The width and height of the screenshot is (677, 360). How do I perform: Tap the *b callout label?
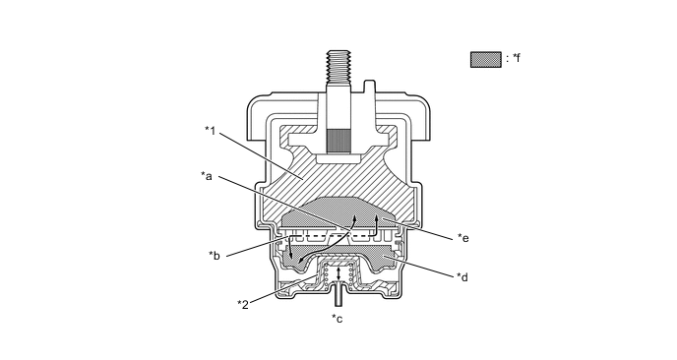click(x=214, y=256)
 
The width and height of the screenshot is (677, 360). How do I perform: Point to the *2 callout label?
click(x=243, y=302)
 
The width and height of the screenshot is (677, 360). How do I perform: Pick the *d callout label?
click(x=462, y=276)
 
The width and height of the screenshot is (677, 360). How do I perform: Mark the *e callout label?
click(x=463, y=237)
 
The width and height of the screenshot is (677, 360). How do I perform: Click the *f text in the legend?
click(x=516, y=59)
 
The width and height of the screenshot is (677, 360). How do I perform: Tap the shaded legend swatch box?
click(x=485, y=59)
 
